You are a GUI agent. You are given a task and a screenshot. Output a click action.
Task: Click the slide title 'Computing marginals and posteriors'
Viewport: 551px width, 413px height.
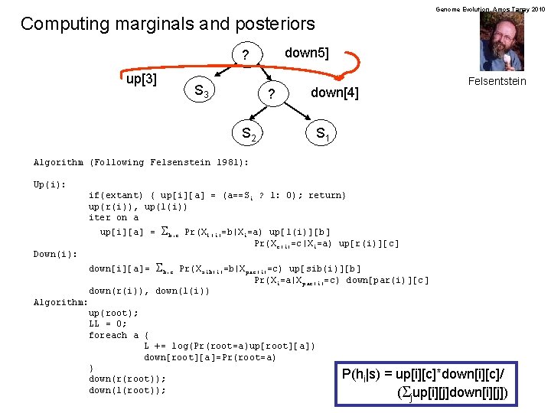click(168, 24)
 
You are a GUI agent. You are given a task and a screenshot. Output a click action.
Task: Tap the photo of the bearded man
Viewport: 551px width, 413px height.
click(502, 43)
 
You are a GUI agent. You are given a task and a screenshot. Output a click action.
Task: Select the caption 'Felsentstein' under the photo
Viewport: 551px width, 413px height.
click(497, 81)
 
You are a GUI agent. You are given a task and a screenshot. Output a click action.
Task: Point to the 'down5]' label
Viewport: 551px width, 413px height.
click(306, 53)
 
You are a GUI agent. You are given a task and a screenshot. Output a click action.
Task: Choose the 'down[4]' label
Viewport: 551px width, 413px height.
click(334, 93)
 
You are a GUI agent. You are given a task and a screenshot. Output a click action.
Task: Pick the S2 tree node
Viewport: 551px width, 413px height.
click(249, 135)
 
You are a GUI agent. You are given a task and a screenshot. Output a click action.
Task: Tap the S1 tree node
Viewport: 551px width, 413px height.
click(323, 135)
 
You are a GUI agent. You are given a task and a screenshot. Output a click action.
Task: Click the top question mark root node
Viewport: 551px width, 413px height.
click(245, 56)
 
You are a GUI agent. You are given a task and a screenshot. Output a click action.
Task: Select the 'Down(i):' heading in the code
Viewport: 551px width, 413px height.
click(55, 254)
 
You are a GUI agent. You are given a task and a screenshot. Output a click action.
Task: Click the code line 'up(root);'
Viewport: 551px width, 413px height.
click(114, 313)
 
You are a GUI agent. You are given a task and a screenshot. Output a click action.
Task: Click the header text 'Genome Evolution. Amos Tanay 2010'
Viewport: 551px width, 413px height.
click(490, 8)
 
